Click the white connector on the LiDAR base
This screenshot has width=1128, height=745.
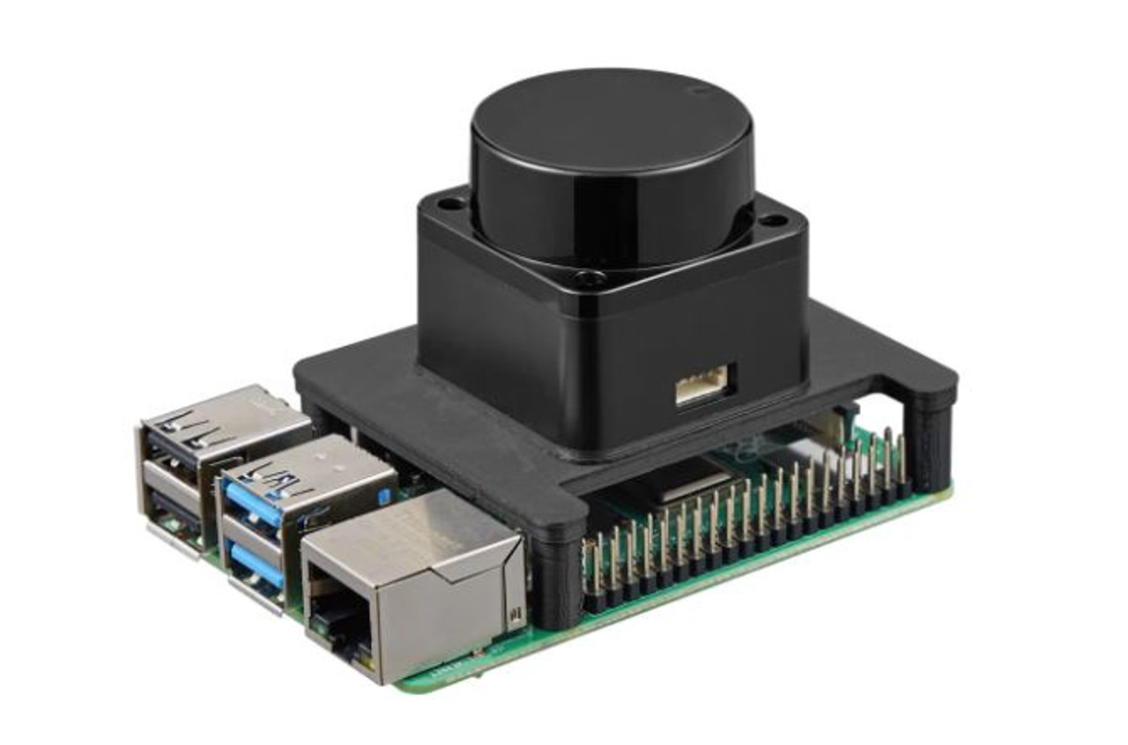coord(701,385)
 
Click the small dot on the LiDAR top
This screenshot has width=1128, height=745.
coord(701,90)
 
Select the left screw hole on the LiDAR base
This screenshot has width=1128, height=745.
coord(450,204)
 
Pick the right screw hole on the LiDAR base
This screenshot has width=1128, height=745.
coord(773,220)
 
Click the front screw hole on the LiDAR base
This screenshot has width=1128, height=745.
coord(586,280)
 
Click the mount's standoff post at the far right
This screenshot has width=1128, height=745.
coord(931,440)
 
